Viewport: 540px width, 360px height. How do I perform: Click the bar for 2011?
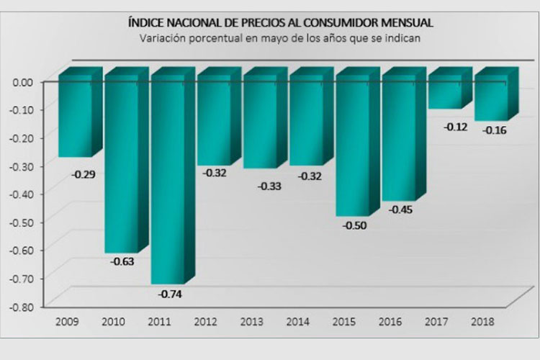click(168, 180)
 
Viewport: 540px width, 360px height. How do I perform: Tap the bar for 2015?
click(353, 148)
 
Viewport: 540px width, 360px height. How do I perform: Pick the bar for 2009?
click(75, 119)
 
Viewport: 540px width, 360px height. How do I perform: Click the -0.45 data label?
click(400, 210)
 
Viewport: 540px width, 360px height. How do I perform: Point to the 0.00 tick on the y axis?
click(24, 81)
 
